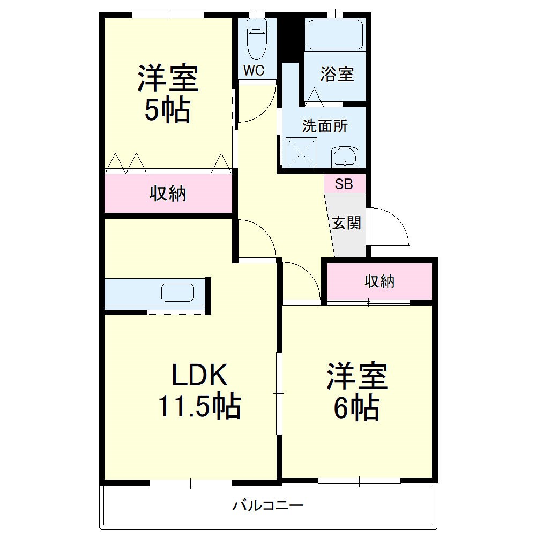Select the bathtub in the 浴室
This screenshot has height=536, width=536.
(336, 35)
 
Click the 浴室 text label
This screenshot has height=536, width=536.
(337, 75)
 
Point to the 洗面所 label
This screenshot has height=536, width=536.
(325, 126)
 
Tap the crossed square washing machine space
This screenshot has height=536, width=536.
(302, 153)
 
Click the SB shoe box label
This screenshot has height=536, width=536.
(344, 184)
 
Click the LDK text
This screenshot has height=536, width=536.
(199, 376)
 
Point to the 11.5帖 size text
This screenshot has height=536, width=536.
(199, 406)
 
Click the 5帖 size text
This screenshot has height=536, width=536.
(167, 110)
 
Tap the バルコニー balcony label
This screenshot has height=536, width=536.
(268, 505)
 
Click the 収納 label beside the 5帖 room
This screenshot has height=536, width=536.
(168, 193)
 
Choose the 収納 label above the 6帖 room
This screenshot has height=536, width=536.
(380, 281)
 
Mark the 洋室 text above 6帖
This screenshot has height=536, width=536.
(358, 376)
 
